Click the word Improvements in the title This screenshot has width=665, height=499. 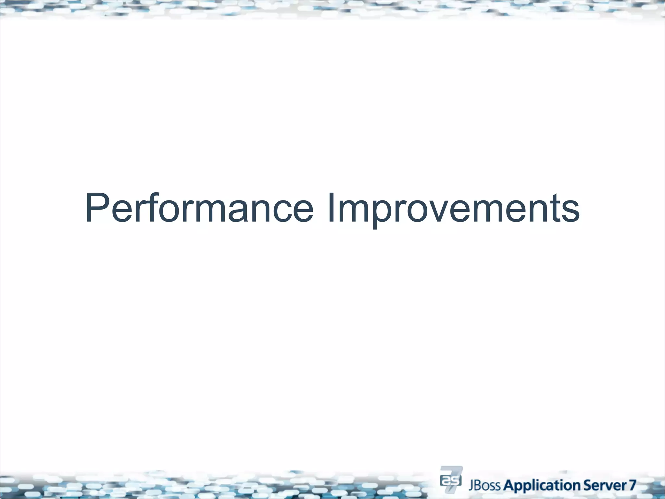coord(453,209)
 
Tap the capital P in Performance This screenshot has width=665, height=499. coord(96,208)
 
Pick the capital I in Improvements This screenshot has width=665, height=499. coord(331,208)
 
